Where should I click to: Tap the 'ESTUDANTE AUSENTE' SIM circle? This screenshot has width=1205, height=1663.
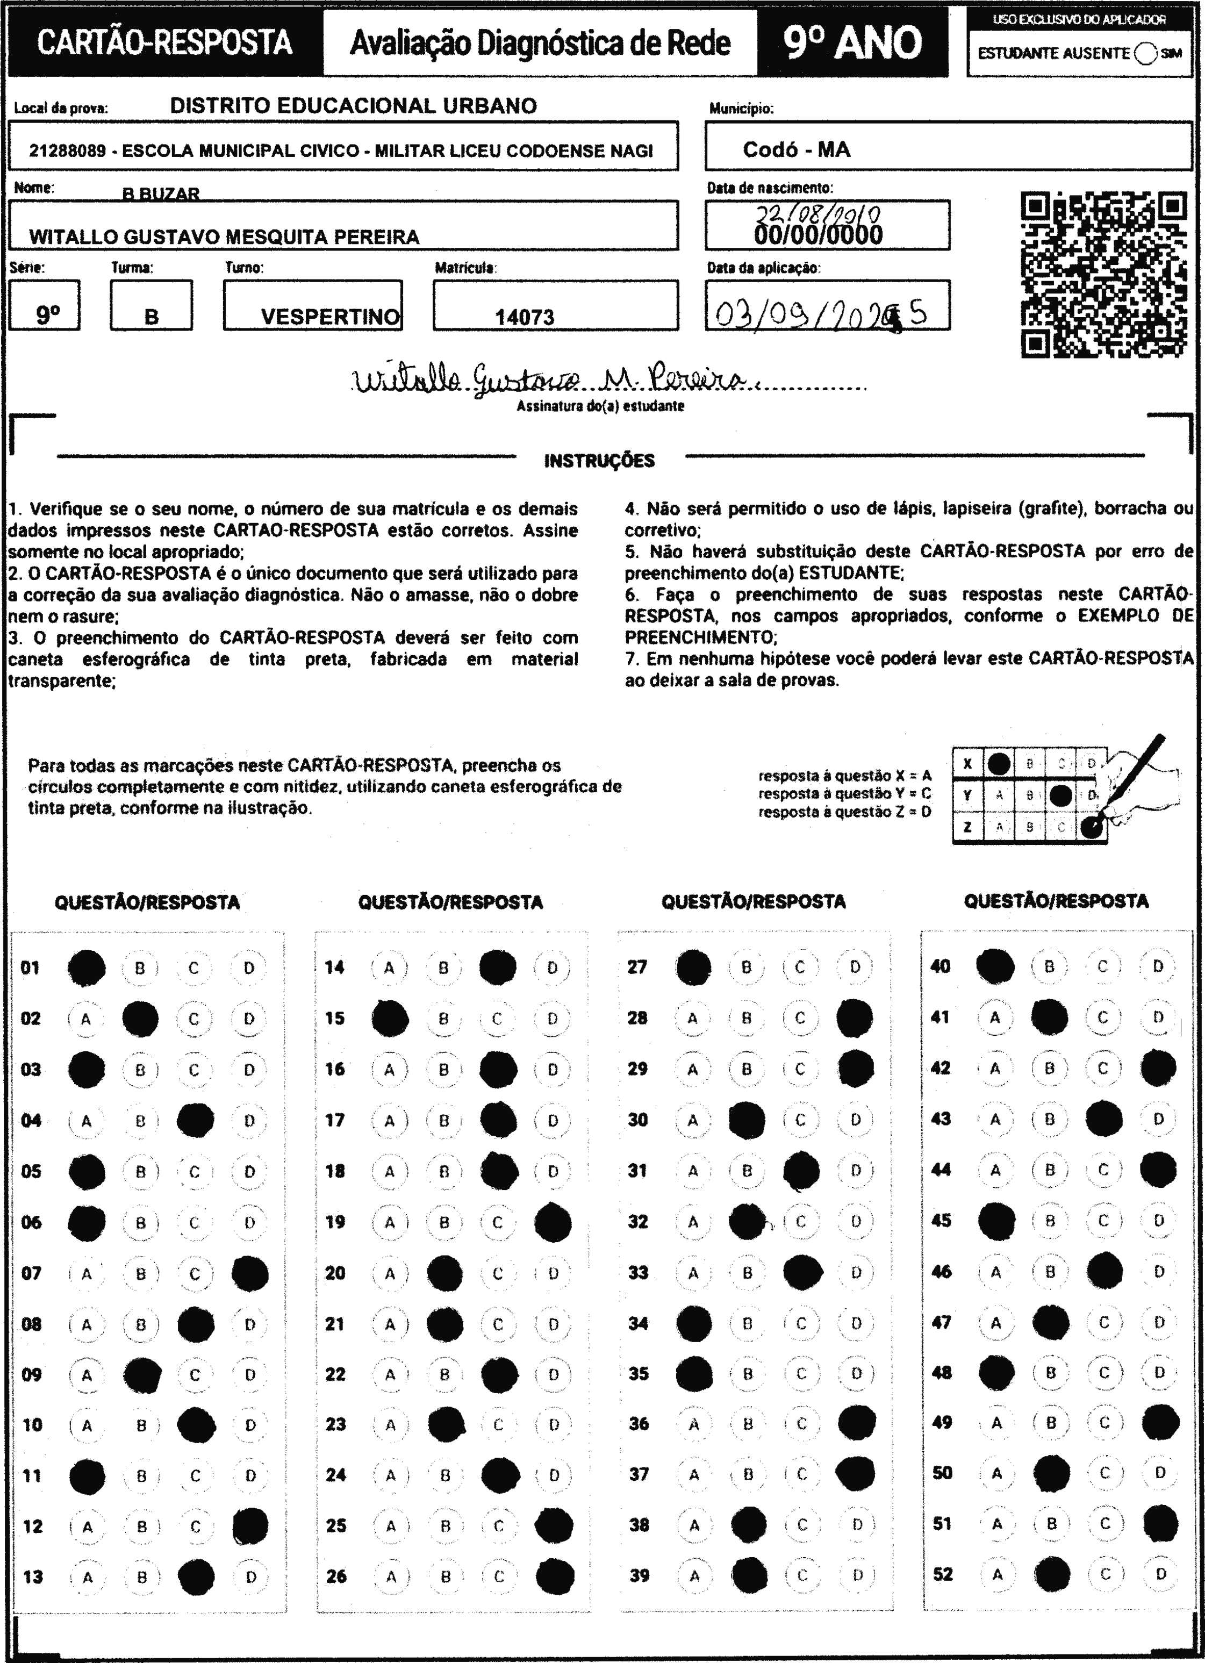1144,54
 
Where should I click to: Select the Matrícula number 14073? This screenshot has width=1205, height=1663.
525,318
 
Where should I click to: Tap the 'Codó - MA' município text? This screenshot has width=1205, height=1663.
797,149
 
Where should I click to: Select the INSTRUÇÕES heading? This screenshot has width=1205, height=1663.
599,461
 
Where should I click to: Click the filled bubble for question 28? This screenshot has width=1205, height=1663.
855,1018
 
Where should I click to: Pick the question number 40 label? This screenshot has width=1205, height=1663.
940,966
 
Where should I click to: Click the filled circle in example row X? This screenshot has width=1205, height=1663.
998,764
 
